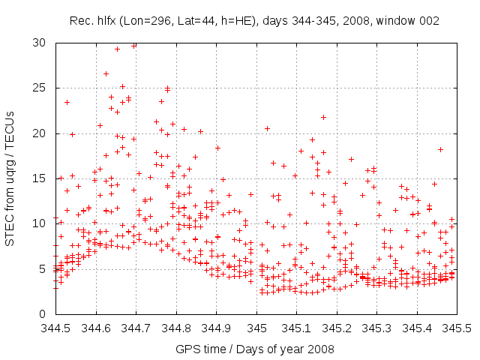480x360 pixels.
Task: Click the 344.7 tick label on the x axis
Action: [x=136, y=328]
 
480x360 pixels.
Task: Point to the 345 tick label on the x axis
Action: [x=256, y=328]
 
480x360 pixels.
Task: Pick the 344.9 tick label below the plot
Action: [x=216, y=328]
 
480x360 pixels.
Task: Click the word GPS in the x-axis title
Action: [x=186, y=349]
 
